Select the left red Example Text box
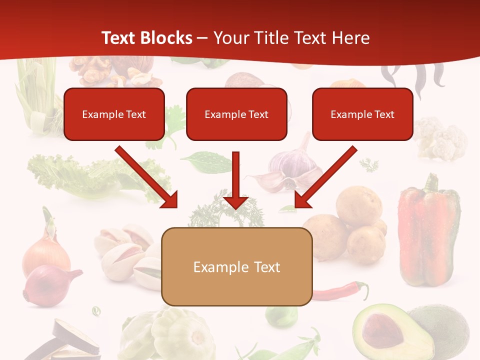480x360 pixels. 114,114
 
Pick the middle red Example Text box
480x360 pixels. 236,114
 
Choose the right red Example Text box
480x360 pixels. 362,114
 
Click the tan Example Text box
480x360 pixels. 237,267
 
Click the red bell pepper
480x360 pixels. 428,230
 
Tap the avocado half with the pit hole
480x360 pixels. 385,330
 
